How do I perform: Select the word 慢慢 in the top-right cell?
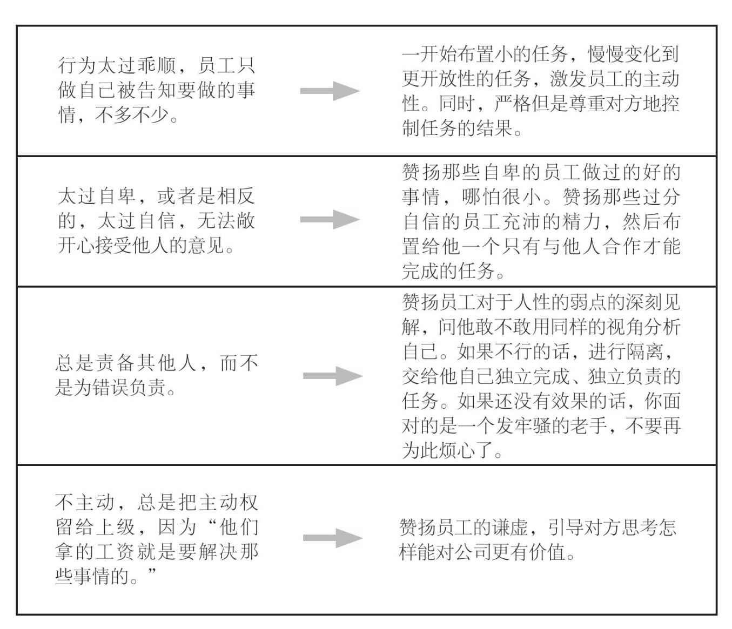[x=606, y=54]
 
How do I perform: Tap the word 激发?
[x=568, y=79]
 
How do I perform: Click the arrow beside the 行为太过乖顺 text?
[x=330, y=91]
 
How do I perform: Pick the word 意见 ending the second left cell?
[x=206, y=245]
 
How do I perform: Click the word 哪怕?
[x=481, y=197]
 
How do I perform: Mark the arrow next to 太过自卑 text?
[x=330, y=219]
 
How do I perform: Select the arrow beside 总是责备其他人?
[x=333, y=376]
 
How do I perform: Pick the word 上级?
[x=115, y=527]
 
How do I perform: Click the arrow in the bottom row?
[x=333, y=538]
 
